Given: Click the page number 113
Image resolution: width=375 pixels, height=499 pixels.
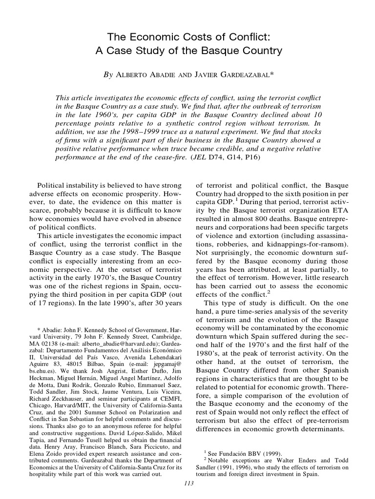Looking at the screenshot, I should pos(187,483).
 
